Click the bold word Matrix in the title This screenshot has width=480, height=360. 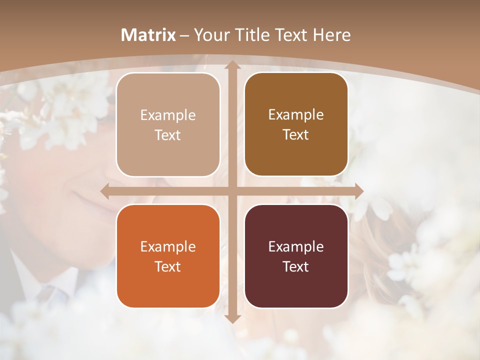pyautogui.click(x=148, y=35)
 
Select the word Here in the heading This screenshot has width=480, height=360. pyautogui.click(x=331, y=35)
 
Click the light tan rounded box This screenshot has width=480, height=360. pyautogui.click(x=168, y=125)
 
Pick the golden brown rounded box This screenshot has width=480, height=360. pyautogui.click(x=296, y=124)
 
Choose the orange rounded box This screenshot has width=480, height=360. pyautogui.click(x=168, y=256)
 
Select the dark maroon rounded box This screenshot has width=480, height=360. pyautogui.click(x=296, y=256)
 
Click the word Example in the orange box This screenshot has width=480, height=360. pyautogui.click(x=168, y=246)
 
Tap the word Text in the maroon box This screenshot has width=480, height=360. pyautogui.click(x=296, y=266)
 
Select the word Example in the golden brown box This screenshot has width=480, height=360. pyautogui.click(x=296, y=115)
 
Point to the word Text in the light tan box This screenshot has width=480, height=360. pyautogui.click(x=168, y=135)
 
